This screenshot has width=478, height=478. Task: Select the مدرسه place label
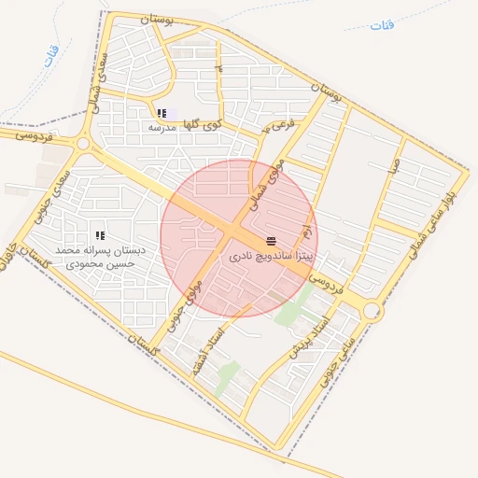[162, 126]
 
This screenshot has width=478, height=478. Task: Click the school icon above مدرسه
[162, 113]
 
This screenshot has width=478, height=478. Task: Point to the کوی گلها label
[204, 122]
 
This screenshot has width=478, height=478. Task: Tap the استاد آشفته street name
[207, 351]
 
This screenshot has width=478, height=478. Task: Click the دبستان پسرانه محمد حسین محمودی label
[98, 257]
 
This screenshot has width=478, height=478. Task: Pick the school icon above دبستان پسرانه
[100, 235]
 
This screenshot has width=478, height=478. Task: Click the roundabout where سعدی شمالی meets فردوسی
[83, 145]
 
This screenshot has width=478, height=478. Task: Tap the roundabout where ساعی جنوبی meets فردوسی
[373, 310]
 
